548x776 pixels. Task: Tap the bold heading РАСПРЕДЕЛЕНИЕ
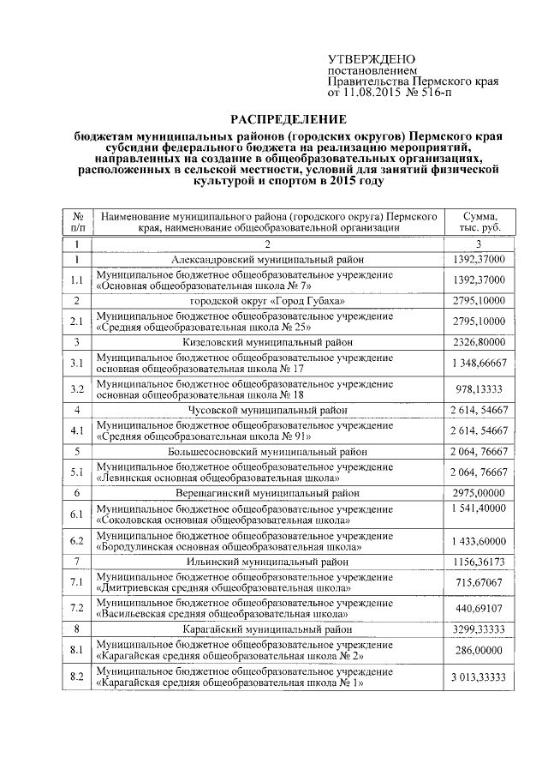(x=288, y=118)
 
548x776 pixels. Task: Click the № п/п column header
(x=77, y=222)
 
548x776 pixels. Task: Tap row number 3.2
(x=77, y=388)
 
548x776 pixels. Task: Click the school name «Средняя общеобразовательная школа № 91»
(x=202, y=436)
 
